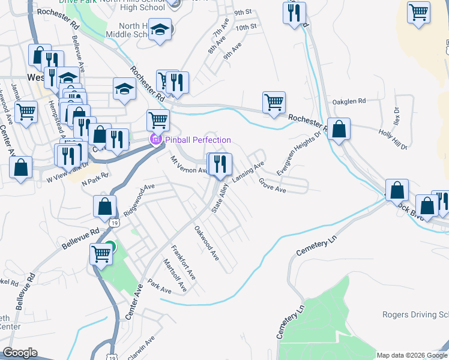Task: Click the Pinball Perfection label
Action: click(198, 140)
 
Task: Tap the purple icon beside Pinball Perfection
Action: click(156, 140)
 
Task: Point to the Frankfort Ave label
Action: click(184, 262)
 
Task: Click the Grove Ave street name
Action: click(273, 185)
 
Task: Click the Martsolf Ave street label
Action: click(175, 275)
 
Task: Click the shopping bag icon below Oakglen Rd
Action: click(339, 129)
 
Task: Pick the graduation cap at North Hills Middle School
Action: click(160, 29)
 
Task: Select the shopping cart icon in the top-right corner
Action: click(418, 13)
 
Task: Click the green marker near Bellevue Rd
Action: click(110, 246)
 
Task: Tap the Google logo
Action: click(20, 353)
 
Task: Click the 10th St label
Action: click(246, 27)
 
